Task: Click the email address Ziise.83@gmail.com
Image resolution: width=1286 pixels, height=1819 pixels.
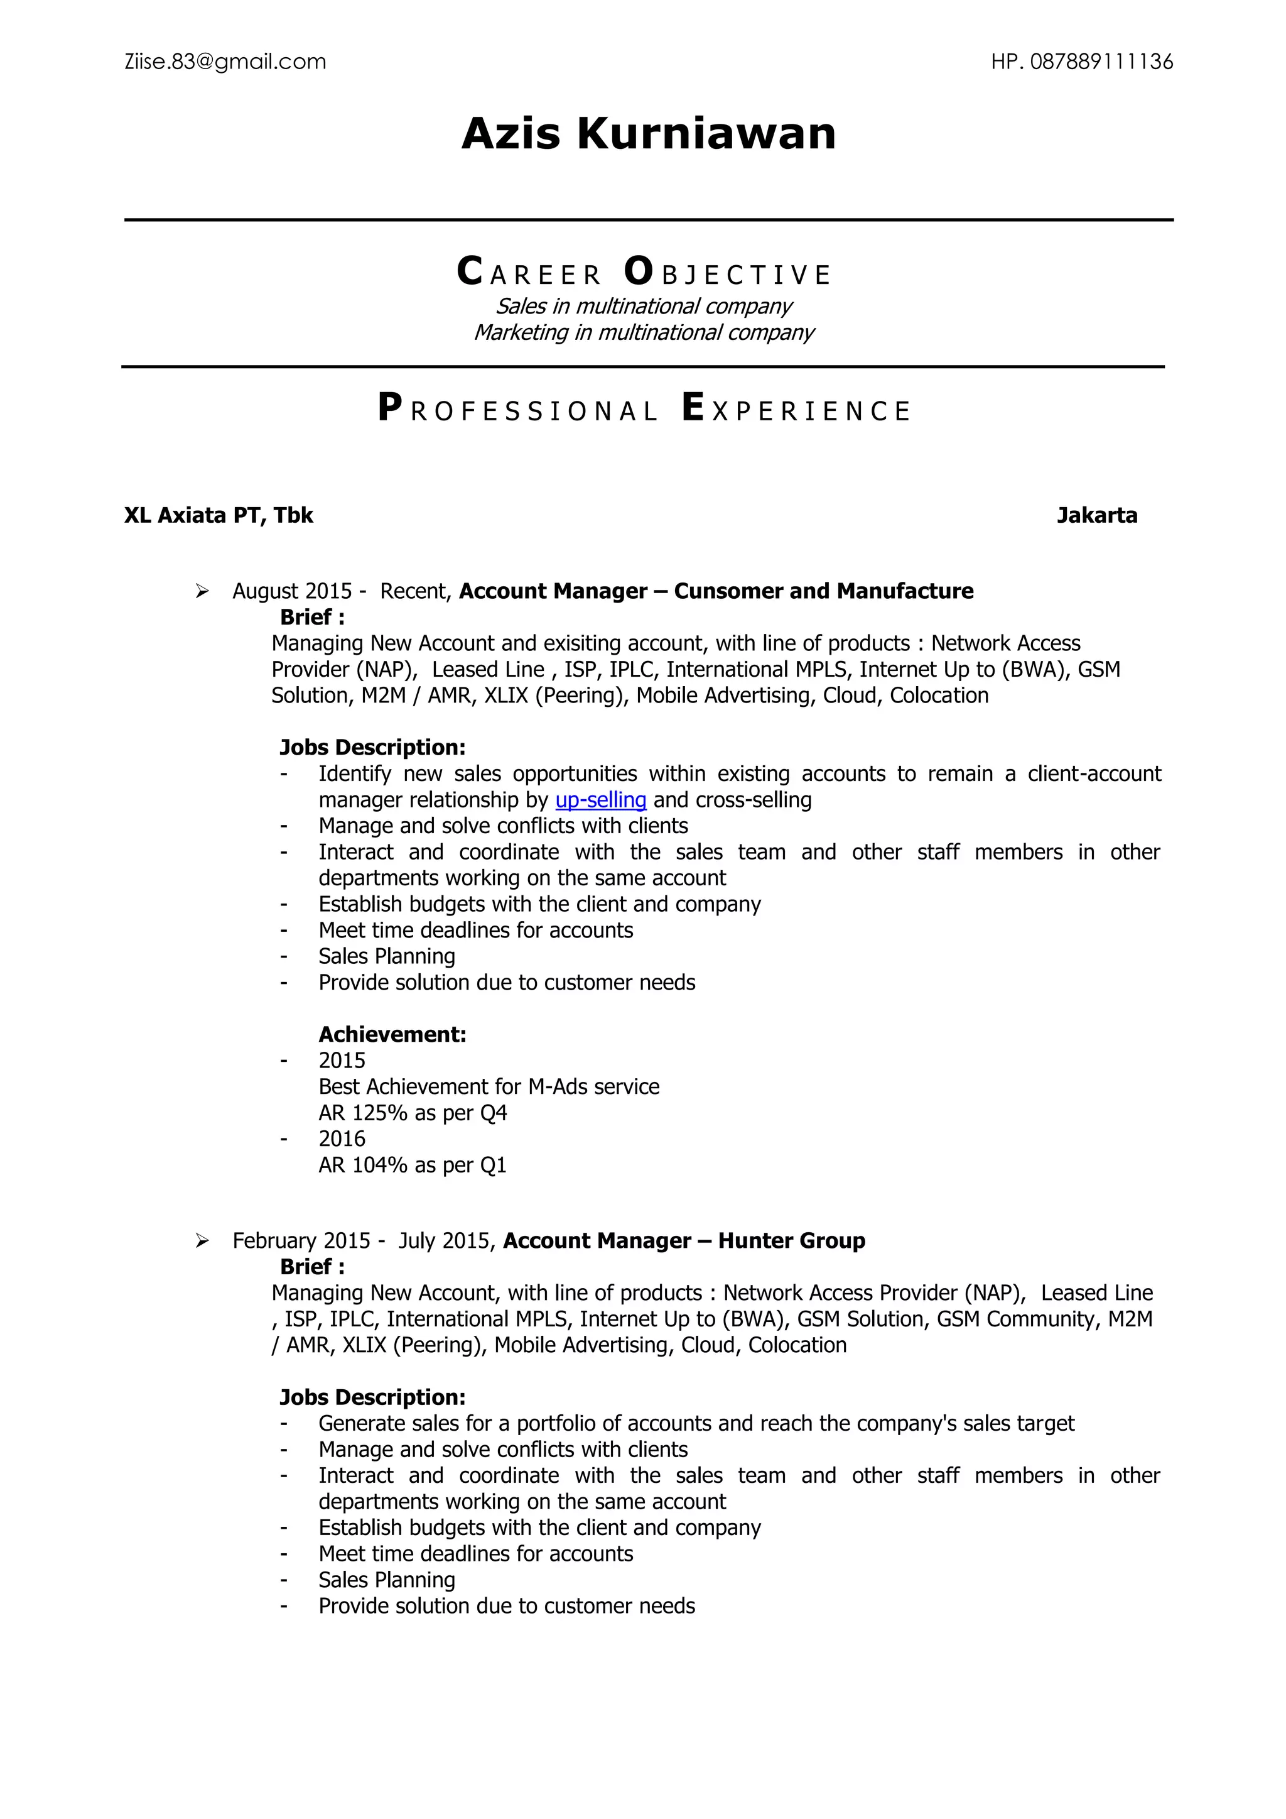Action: pos(225,62)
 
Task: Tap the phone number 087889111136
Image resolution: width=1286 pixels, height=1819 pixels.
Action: pos(1101,62)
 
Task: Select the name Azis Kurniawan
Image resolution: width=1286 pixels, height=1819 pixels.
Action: pos(649,133)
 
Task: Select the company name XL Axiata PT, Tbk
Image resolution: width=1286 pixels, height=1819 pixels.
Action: pos(219,516)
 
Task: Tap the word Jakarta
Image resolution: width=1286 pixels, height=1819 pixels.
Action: pos(1097,516)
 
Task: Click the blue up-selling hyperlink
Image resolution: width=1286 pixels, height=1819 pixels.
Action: pos(601,800)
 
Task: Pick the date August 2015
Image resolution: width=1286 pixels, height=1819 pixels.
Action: pos(291,592)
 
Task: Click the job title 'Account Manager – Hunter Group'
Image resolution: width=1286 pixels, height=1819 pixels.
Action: pos(684,1242)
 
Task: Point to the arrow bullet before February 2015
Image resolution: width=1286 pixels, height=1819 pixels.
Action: pos(203,1242)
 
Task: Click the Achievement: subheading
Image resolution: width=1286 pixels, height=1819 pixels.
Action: pos(392,1035)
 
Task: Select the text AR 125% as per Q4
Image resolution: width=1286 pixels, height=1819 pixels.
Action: pos(413,1113)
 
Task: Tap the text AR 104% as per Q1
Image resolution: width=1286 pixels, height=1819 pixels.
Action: pos(413,1166)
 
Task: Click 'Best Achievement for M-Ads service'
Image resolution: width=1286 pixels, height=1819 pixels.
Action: pos(489,1087)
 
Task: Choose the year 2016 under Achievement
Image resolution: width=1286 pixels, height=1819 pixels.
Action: pos(342,1139)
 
